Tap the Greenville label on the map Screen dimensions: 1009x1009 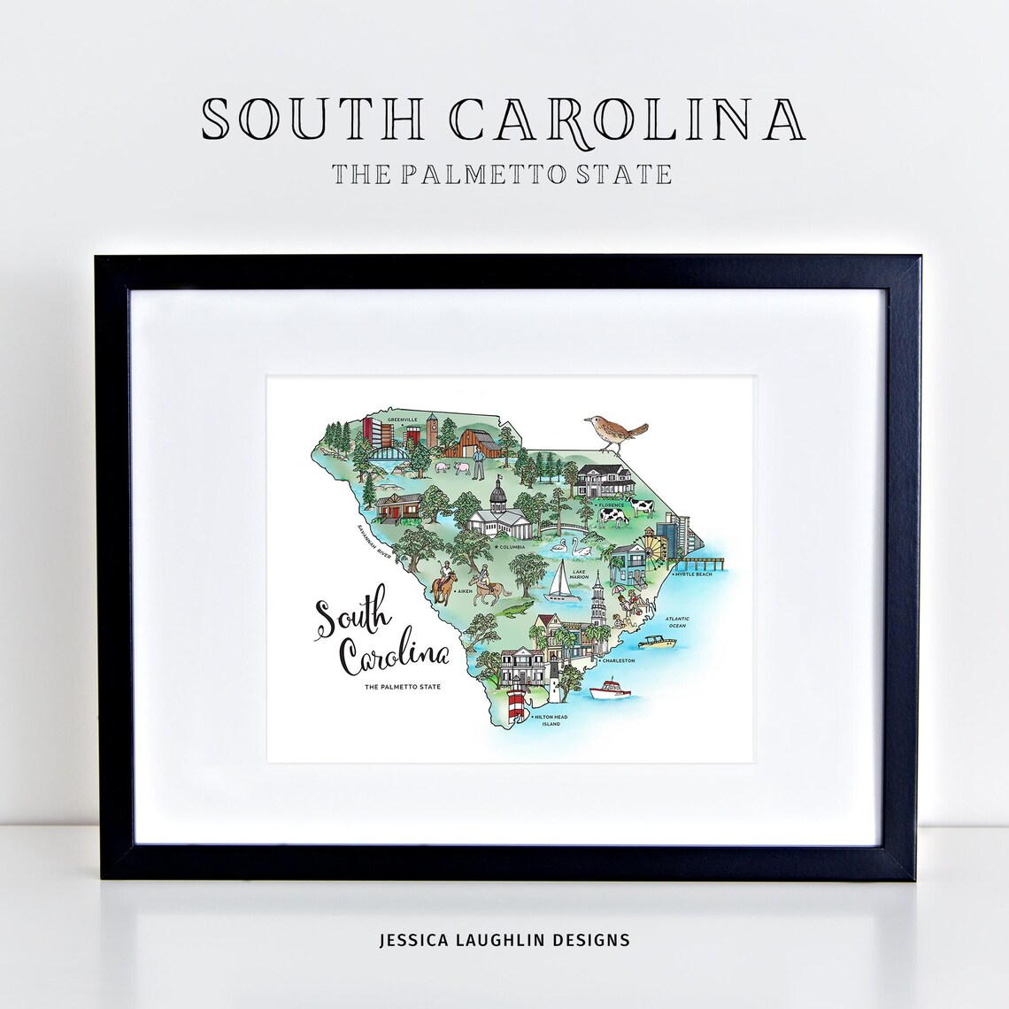(x=402, y=420)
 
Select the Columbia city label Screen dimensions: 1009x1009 (x=511, y=547)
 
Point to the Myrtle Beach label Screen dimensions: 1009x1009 (x=692, y=574)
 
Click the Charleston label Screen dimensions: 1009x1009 (x=617, y=660)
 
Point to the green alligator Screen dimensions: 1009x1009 (x=513, y=610)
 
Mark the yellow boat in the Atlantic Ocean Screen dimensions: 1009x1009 (x=654, y=641)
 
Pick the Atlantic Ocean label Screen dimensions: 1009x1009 (x=677, y=622)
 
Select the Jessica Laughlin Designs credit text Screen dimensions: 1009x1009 (x=504, y=940)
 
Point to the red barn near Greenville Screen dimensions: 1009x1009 (x=466, y=441)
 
